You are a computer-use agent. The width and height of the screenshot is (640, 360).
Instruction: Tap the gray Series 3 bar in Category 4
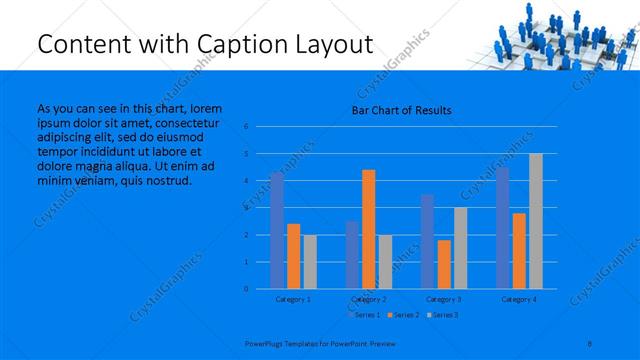pos(535,221)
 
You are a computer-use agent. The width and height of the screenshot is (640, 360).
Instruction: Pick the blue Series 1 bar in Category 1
pos(277,230)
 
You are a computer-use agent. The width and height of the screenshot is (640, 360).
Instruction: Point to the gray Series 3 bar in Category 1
pos(310,261)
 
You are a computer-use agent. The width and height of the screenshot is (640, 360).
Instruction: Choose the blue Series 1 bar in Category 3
pos(427,241)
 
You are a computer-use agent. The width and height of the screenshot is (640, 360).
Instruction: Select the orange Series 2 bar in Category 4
pos(519,250)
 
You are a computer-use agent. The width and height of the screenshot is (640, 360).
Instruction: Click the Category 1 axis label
pos(293,299)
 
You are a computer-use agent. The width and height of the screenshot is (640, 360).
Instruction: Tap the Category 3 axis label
pos(444,299)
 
